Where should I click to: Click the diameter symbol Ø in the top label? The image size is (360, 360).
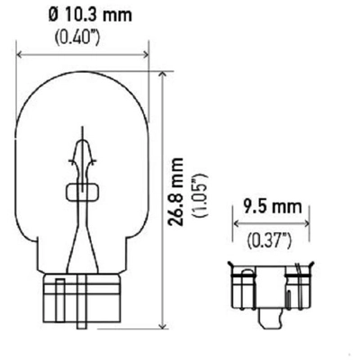click(52, 15)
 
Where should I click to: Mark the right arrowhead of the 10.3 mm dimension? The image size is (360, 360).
click(145, 53)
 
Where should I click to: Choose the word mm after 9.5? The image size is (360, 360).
click(291, 206)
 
